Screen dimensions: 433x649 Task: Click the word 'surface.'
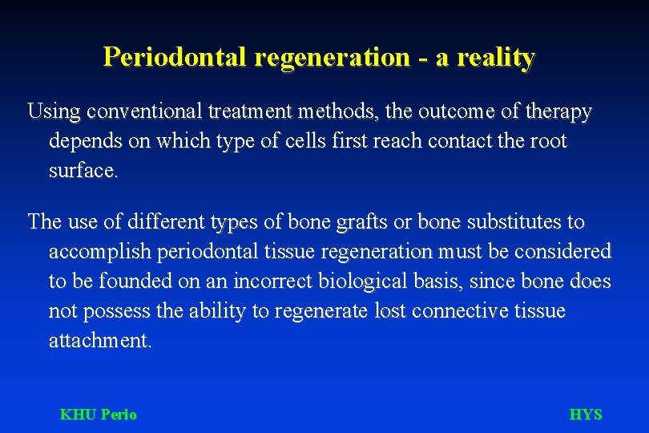pos(83,171)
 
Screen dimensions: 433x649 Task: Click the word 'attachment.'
pos(99,341)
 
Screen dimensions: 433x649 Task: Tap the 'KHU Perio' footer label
pos(99,415)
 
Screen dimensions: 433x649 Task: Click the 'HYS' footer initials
pos(585,415)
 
